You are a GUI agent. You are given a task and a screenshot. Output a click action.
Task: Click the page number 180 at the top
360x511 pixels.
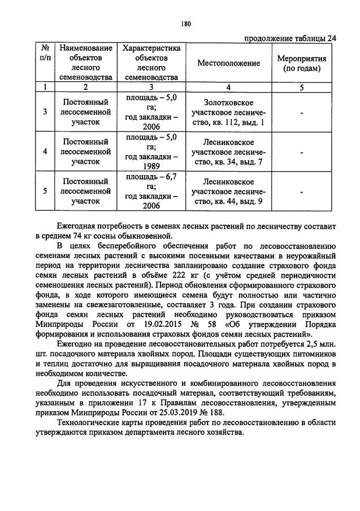pos(186,24)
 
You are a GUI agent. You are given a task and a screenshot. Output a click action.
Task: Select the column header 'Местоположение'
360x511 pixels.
pos(228,63)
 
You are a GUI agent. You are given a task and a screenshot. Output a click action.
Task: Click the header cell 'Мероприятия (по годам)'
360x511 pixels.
pos(301,63)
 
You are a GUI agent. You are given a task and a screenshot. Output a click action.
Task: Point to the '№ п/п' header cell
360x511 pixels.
pos(45,58)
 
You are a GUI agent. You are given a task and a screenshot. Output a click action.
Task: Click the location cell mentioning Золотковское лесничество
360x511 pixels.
pos(228,112)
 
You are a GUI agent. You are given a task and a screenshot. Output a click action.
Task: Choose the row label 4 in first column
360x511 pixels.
pos(45,152)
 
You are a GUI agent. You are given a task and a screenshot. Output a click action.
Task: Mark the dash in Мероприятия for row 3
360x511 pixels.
pos(301,112)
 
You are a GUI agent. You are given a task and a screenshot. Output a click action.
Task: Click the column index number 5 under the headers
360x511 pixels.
pos(301,88)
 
